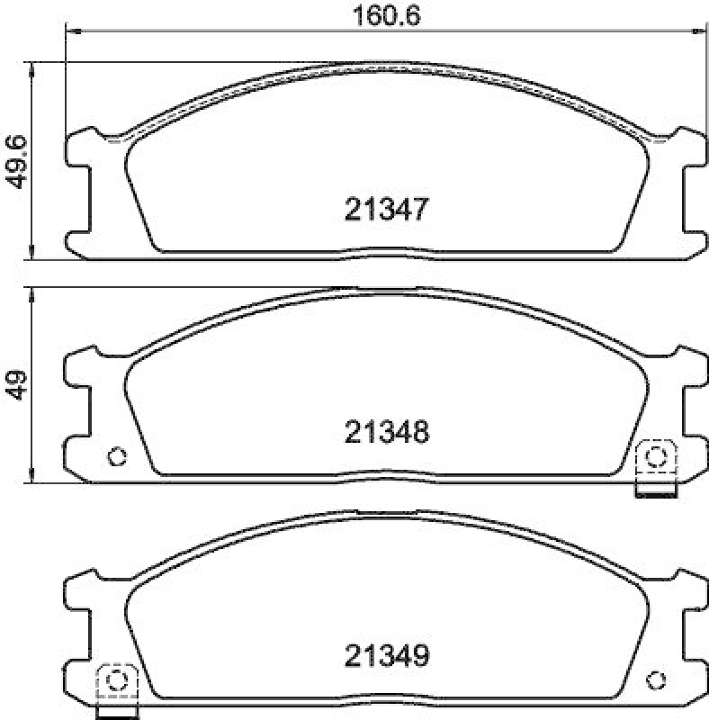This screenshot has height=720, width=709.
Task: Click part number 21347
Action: pyautogui.click(x=384, y=210)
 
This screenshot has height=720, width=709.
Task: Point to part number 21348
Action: pyautogui.click(x=384, y=433)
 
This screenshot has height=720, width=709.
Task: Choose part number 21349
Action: pyautogui.click(x=384, y=656)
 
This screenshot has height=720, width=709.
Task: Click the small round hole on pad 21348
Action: pyautogui.click(x=115, y=456)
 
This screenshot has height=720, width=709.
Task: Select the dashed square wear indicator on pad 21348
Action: pyautogui.click(x=656, y=456)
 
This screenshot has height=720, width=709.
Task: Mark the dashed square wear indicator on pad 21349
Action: pyautogui.click(x=115, y=679)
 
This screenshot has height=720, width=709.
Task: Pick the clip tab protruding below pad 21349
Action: pyautogui.click(x=115, y=713)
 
